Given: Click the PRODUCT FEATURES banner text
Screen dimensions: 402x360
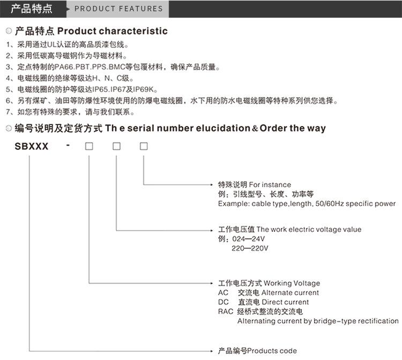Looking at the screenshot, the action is point(118,9).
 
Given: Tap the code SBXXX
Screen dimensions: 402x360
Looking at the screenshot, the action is point(32,146).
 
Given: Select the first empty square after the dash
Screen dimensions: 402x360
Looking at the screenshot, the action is point(89,146).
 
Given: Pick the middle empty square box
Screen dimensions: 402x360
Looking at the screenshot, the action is point(116,146).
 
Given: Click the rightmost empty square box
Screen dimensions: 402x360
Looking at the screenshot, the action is point(143,146).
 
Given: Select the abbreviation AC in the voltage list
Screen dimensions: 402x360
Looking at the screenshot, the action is point(223,293).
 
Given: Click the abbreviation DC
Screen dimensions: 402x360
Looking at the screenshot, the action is point(223,302).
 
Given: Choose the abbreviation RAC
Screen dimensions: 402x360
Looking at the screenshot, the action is point(225,312).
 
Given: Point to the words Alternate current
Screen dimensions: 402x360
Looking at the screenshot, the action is point(290,293).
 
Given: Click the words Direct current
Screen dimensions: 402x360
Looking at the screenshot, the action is point(285,302).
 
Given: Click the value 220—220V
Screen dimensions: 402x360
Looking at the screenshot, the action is point(250,248).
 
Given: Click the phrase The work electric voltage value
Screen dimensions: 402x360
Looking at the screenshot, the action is point(309,230).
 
